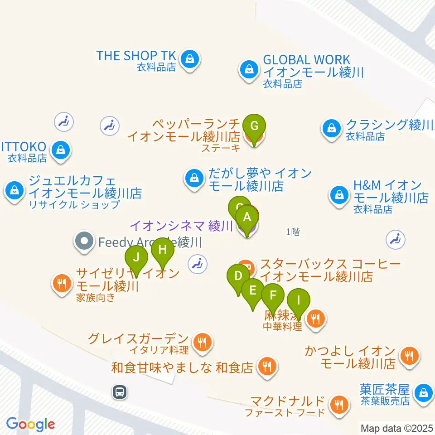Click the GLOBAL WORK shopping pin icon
pyautogui.click(x=249, y=70)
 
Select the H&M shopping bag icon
pyautogui.click(x=338, y=195)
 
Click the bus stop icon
pyautogui.click(x=120, y=391)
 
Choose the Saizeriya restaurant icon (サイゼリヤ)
pyautogui.click(x=62, y=284)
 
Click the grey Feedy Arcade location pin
pyautogui.click(x=85, y=242)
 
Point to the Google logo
pyautogui.click(x=30, y=424)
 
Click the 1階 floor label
pyautogui.click(x=293, y=232)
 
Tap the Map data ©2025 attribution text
pyautogui.click(x=396, y=428)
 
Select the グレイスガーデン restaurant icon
pyautogui.click(x=202, y=342)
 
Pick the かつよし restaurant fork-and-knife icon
pyautogui.click(x=410, y=356)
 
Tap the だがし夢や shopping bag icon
pyautogui.click(x=194, y=178)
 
